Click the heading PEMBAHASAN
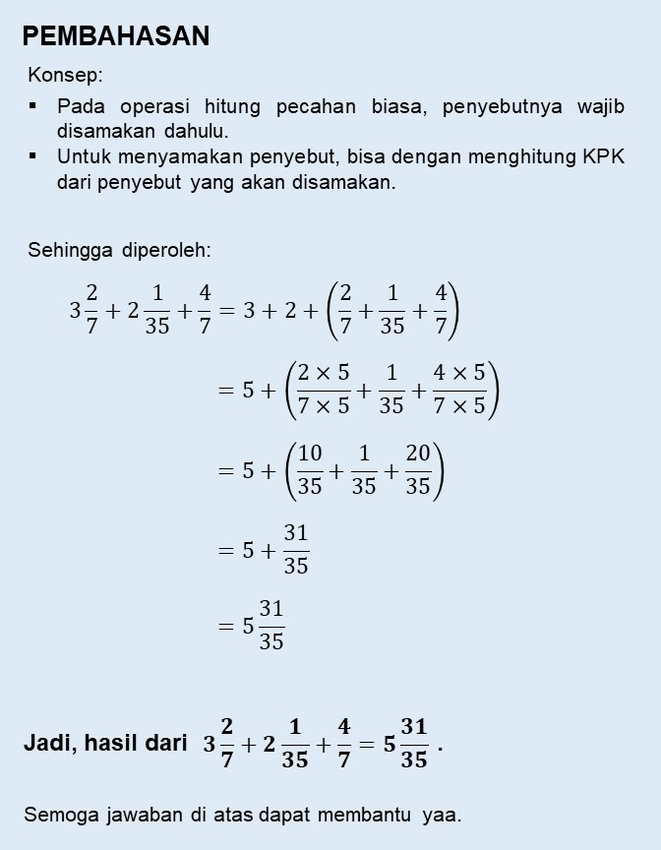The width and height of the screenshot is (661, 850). (x=116, y=36)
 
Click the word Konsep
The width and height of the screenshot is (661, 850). (x=65, y=75)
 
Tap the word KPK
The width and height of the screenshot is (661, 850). (x=602, y=156)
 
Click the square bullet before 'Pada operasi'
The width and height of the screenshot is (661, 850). (x=32, y=103)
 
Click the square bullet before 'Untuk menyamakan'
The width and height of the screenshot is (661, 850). (x=32, y=154)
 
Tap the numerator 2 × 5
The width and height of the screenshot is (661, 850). (x=324, y=373)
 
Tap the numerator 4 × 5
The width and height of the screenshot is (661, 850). (x=459, y=373)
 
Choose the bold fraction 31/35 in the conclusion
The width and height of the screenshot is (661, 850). (x=414, y=744)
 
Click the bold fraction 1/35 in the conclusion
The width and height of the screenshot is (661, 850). (x=294, y=744)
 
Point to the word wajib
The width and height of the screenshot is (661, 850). (x=600, y=105)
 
